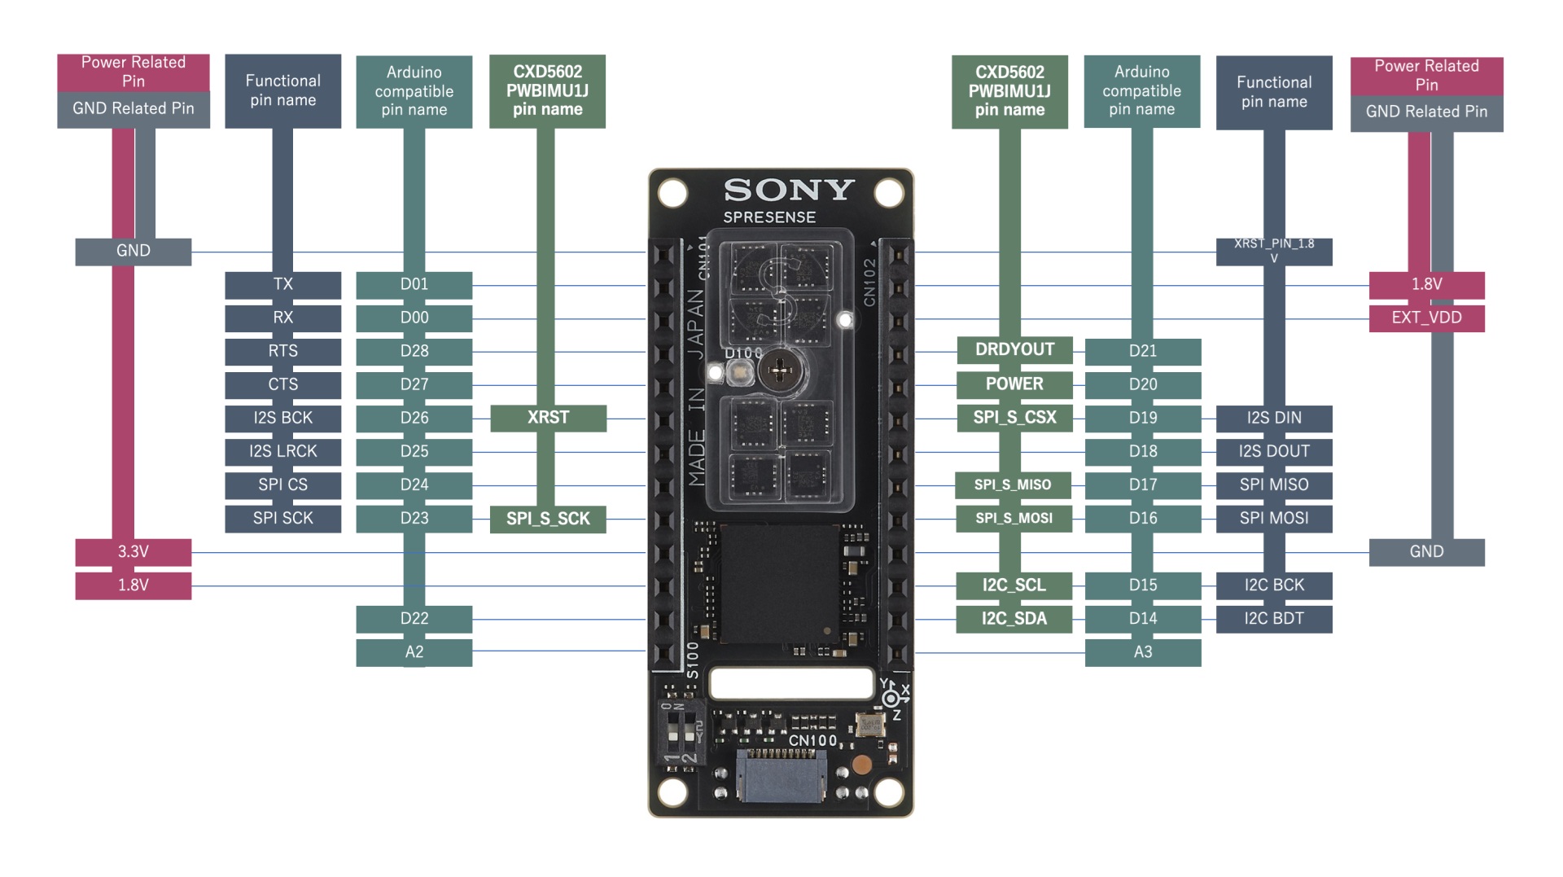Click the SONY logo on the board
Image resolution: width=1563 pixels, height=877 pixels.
pos(789,190)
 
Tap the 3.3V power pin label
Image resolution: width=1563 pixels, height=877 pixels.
pos(134,552)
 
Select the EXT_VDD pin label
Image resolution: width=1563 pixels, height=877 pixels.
pos(1426,318)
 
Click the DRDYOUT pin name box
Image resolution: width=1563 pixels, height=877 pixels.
pos(1014,350)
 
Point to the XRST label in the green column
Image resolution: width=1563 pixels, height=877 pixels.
pos(548,418)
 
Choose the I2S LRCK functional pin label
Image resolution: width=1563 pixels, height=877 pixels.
pos(282,451)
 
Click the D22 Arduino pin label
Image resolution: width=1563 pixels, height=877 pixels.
pos(414,619)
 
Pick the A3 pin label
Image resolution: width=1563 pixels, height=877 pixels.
pos(1143,652)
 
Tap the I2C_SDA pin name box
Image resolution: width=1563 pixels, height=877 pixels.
pos(1014,619)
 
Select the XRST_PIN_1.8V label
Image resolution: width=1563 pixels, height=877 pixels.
pos(1274,251)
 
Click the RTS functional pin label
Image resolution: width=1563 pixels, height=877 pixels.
pos(282,351)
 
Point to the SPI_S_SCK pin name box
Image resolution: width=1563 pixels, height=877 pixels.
pos(548,519)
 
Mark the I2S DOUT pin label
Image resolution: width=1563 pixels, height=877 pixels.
pos(1274,451)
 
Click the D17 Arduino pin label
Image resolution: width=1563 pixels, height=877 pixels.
pos(1143,485)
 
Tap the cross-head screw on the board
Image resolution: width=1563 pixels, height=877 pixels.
pos(780,371)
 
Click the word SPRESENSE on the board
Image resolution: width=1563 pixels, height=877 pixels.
pos(769,217)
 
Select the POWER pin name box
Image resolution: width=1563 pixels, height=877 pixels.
pos(1014,384)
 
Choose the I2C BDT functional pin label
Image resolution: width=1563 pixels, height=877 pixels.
pos(1274,619)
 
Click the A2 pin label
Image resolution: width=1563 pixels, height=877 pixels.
pos(414,652)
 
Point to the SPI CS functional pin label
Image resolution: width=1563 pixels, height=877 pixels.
pos(282,485)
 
